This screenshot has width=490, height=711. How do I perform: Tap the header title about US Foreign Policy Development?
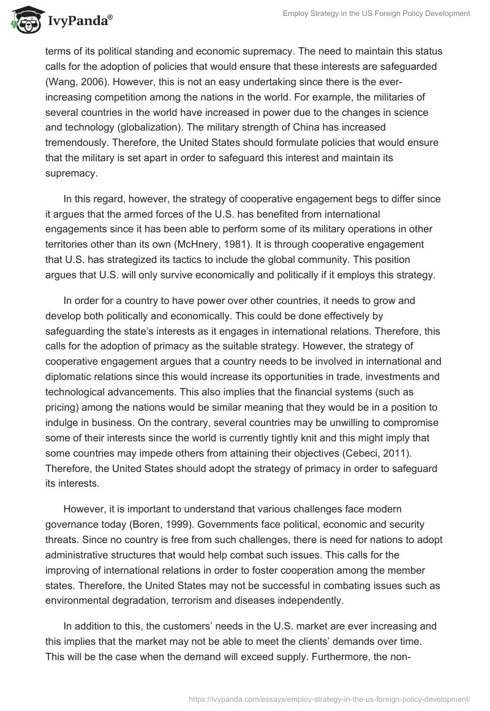coord(376,13)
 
